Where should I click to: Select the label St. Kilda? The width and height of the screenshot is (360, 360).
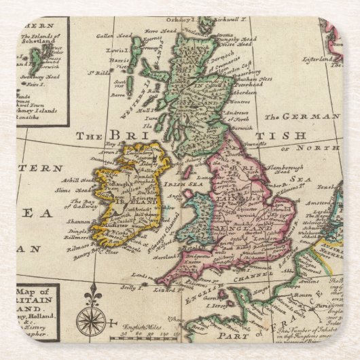click(x=102, y=72)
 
